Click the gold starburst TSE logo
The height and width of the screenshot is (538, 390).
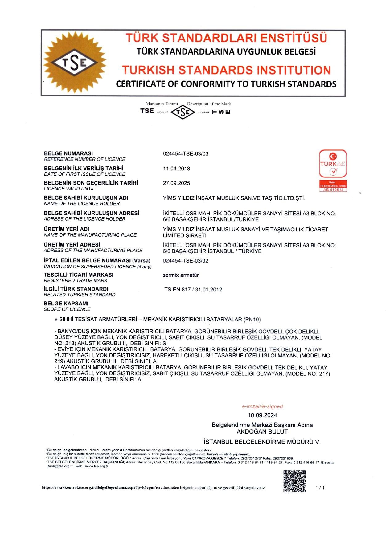74,63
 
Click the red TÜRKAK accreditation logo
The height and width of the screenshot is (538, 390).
333,170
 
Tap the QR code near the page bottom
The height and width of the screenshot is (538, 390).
294,481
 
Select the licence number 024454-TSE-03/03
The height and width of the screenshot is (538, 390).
186,154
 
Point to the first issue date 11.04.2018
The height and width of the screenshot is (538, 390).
176,169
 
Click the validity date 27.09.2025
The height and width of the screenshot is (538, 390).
176,183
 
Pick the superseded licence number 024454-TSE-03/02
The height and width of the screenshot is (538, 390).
186,261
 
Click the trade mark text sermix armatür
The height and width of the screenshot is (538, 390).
181,275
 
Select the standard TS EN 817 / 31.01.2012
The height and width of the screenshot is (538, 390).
193,290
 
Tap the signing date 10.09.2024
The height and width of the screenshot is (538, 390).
262,415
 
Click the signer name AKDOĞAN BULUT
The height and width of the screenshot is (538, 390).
262,431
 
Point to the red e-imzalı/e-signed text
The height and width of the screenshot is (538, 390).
262,406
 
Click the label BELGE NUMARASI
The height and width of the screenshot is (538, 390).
68,153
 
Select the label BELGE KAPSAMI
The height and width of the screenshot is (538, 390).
66,304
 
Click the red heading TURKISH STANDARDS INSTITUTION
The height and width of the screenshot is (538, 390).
226,70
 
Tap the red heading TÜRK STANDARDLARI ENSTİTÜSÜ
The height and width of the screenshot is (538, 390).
226,38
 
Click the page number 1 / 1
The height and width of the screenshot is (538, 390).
320,487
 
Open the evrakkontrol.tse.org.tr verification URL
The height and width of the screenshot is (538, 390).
101,488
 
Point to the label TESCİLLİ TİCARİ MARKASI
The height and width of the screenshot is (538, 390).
78,275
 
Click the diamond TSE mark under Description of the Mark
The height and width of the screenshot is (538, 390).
183,112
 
